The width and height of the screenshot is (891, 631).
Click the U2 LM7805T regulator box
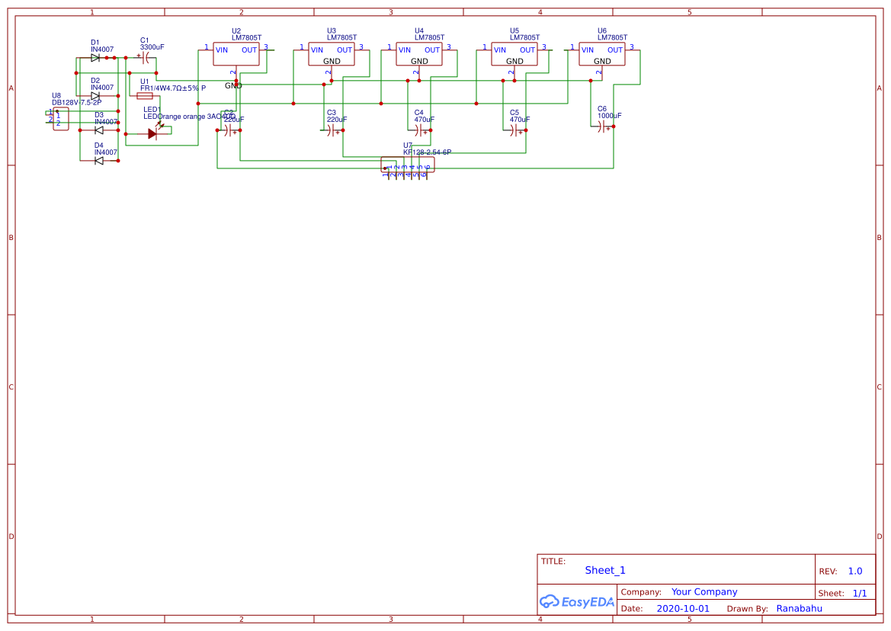coord(236,54)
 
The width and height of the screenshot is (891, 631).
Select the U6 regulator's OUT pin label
coord(615,50)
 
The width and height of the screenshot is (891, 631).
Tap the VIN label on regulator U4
coord(404,50)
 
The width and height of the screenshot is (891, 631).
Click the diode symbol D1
coord(95,58)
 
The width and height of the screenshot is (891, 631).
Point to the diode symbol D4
coord(99,160)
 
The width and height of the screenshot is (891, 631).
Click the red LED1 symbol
coord(152,133)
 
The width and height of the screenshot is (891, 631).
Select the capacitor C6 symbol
coord(605,127)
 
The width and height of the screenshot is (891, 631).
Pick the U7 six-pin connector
coord(408,165)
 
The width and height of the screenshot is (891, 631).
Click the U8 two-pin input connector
coord(60,119)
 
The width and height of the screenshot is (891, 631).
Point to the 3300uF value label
coord(152,47)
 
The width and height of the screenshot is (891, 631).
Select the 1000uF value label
coord(609,116)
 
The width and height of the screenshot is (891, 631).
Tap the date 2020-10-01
coord(682,609)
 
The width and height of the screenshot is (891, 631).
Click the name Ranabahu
coord(799,609)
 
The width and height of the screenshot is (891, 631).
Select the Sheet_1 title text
coord(605,570)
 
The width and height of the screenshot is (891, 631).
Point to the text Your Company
coord(704,591)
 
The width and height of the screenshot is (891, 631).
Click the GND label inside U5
coord(514,61)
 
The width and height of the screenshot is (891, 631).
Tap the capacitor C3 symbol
coord(334,131)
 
